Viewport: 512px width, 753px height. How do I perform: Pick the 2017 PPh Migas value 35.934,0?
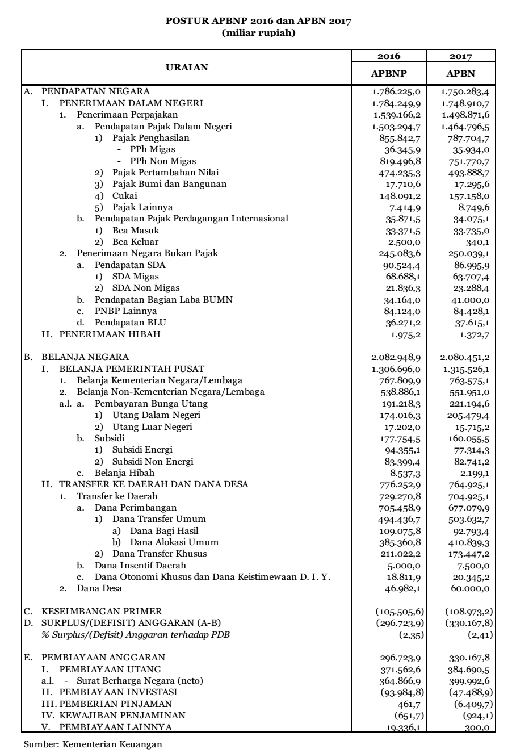coord(475,149)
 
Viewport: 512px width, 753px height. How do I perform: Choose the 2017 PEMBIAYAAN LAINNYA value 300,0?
coord(480,726)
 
